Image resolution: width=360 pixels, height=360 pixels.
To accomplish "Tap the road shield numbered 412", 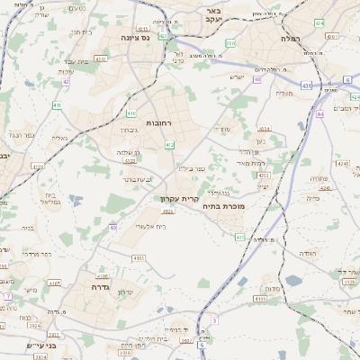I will click(x=170, y=145).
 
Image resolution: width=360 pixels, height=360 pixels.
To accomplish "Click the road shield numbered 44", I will click(x=320, y=115).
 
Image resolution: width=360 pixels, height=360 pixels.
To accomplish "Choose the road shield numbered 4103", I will click(x=138, y=258).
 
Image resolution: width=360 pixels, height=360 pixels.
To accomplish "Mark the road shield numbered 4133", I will click(x=259, y=298).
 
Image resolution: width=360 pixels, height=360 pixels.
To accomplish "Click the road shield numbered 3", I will click(x=215, y=320).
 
